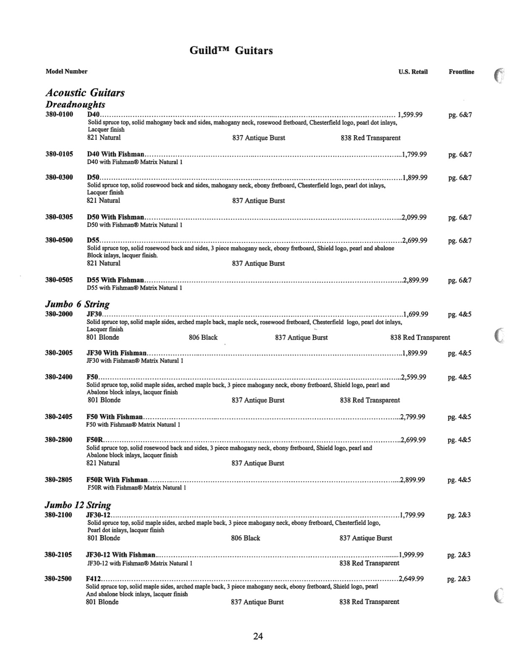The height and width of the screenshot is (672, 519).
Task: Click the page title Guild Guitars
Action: coord(231,51)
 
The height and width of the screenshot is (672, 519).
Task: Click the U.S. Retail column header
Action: coord(413,72)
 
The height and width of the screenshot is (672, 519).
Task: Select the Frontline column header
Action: coord(461,72)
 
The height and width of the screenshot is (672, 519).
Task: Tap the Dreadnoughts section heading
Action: coord(75,105)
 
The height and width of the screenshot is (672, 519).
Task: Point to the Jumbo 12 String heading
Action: coord(78,505)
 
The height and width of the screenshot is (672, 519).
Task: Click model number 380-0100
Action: coord(59,114)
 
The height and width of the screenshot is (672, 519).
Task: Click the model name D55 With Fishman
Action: coord(115,280)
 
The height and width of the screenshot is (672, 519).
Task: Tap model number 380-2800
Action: coord(58,440)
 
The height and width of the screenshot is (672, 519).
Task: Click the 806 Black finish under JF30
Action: coord(203,337)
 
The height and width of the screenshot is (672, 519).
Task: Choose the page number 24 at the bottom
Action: coord(258,636)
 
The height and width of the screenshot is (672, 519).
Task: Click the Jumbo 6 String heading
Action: coord(77,304)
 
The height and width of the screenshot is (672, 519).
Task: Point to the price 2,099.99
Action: coord(414,217)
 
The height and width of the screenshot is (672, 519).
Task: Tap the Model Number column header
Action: coord(66,71)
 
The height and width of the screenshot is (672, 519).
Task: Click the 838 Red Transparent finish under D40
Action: coord(370,138)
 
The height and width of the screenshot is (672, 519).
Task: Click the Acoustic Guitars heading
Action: coord(85,92)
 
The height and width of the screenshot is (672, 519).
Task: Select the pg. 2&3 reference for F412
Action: coord(459,579)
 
